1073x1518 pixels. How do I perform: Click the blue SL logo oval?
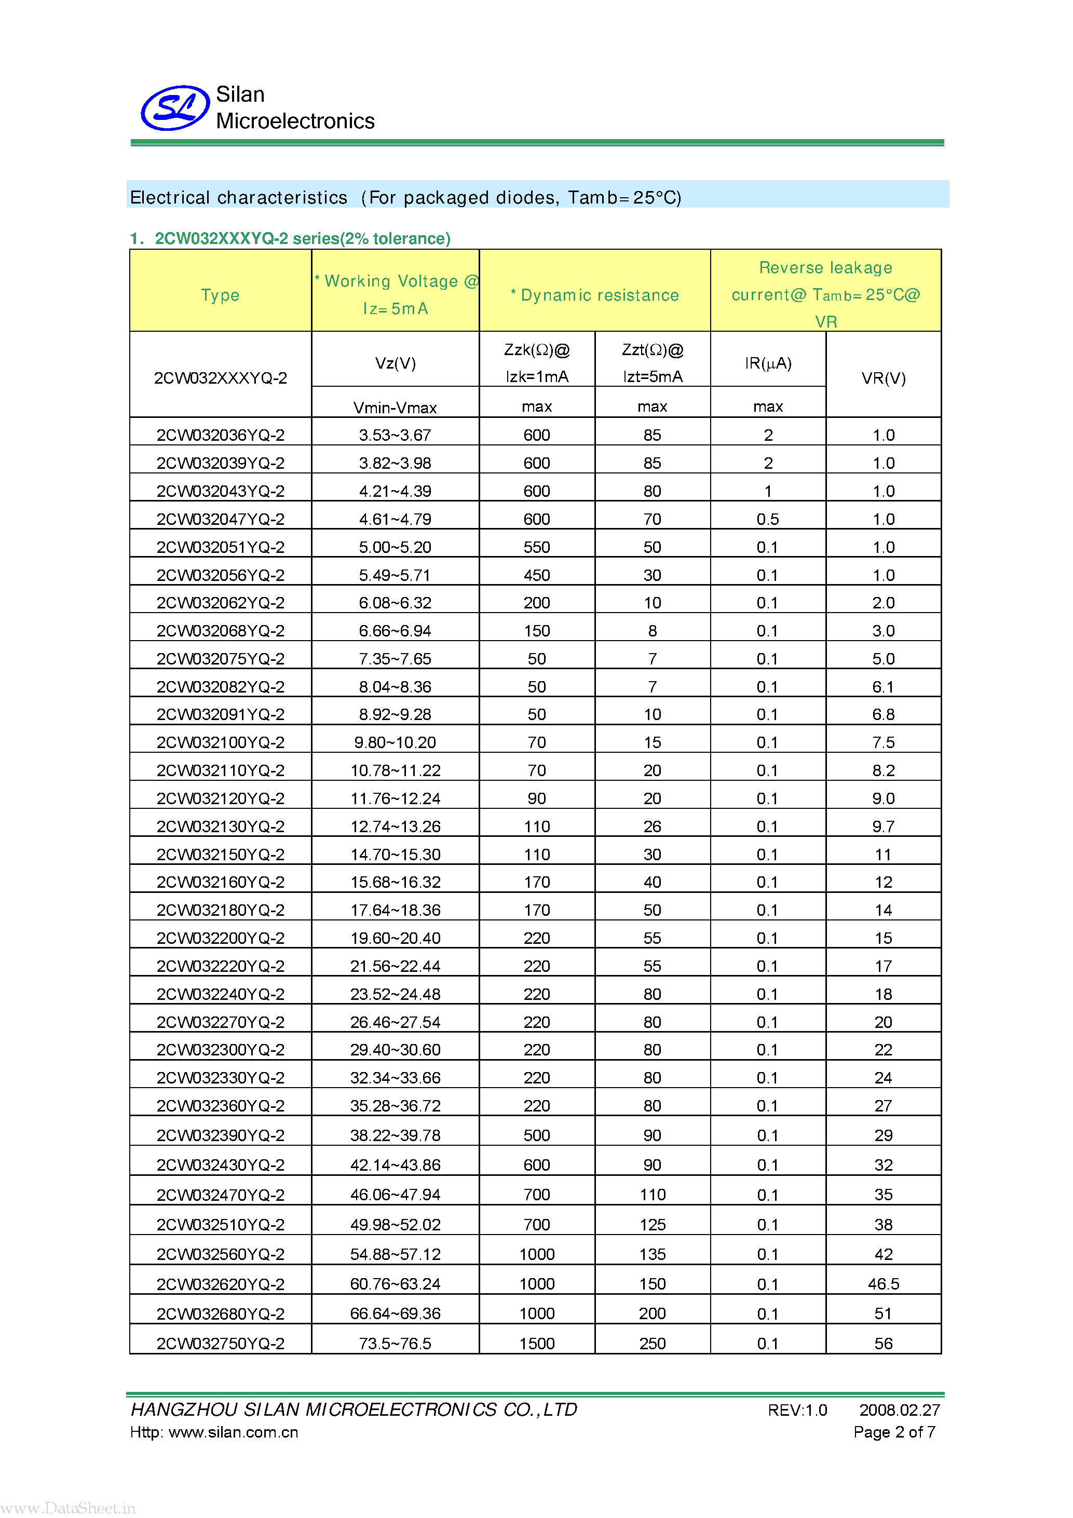tap(175, 108)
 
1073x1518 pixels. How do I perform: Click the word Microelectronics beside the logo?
tap(295, 121)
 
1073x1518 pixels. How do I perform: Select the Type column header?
tap(220, 295)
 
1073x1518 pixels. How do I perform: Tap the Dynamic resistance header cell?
tap(594, 295)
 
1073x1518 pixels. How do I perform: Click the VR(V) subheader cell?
tap(883, 378)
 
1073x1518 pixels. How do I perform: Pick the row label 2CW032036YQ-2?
tap(220, 435)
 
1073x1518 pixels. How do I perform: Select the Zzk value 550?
tap(536, 547)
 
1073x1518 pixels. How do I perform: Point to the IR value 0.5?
tap(768, 519)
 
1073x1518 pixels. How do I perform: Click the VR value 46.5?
tap(883, 1284)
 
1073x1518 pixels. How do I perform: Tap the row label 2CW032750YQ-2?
tap(220, 1344)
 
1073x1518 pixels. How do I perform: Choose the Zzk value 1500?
tap(536, 1344)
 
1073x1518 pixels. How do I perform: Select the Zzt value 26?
tap(652, 826)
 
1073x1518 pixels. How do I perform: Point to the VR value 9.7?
tap(883, 826)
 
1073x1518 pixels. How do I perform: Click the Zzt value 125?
tap(652, 1225)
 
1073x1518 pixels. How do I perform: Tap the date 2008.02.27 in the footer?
tap(899, 1410)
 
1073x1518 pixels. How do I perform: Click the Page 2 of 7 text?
tap(894, 1432)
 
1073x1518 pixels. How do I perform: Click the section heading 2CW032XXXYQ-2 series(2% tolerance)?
tap(302, 239)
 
